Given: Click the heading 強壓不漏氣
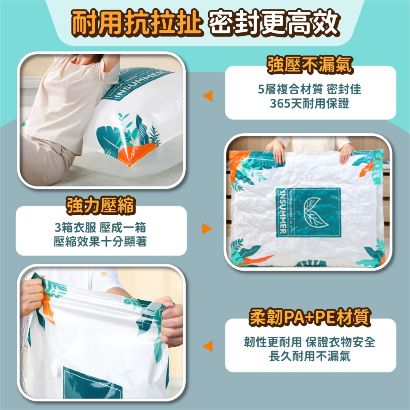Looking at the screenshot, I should [310, 65].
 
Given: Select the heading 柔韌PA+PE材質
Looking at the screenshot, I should [310, 318].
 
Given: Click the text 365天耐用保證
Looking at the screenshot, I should [310, 104].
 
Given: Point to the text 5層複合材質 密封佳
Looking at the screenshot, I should [310, 89].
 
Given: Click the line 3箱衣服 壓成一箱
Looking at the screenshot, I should [100, 228].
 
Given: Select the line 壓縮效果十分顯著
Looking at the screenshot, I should [100, 242].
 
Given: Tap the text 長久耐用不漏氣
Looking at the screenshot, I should [310, 356].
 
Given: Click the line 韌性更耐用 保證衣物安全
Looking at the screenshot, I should [310, 342].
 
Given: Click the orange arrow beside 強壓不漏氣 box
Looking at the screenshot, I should [207, 96].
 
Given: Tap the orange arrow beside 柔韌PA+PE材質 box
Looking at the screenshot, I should [207, 346].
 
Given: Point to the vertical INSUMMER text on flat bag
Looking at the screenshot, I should [282, 212].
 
